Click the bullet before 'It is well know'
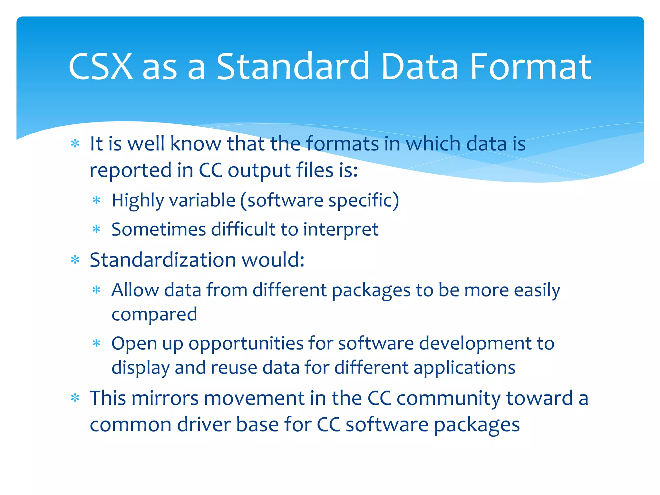(75, 143)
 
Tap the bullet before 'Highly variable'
(97, 200)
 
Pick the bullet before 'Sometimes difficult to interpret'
(97, 229)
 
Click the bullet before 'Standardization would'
(75, 260)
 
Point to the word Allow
(135, 290)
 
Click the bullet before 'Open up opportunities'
(97, 343)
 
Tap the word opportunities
(246, 344)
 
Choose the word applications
(464, 368)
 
